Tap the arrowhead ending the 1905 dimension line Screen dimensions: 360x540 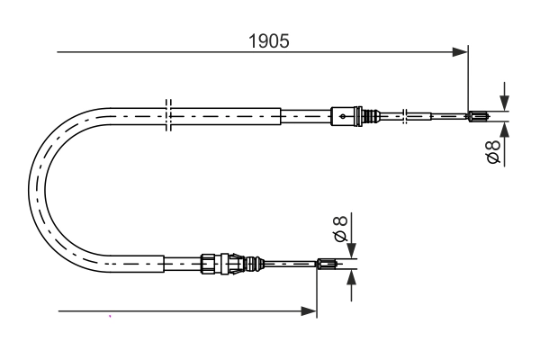461,52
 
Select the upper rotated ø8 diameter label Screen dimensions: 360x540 494,154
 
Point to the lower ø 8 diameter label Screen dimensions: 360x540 340,229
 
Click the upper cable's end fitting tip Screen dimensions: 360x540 479,115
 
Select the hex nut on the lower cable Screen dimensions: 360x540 209,263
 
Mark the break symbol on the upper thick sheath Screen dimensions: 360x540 167,115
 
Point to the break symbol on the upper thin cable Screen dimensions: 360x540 407,115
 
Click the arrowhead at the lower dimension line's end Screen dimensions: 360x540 310,312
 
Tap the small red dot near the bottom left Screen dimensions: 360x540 110,317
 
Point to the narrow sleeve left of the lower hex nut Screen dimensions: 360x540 180,263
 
